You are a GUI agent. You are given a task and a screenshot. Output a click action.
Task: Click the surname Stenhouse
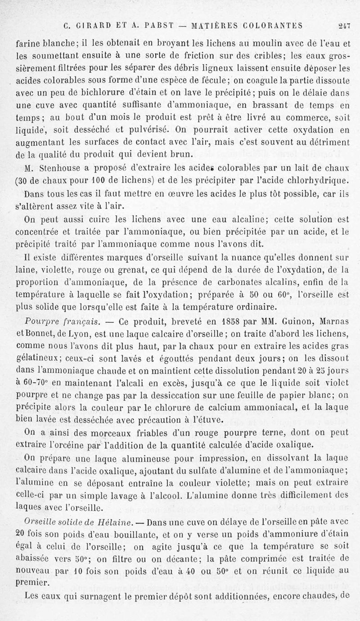click(x=52, y=169)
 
